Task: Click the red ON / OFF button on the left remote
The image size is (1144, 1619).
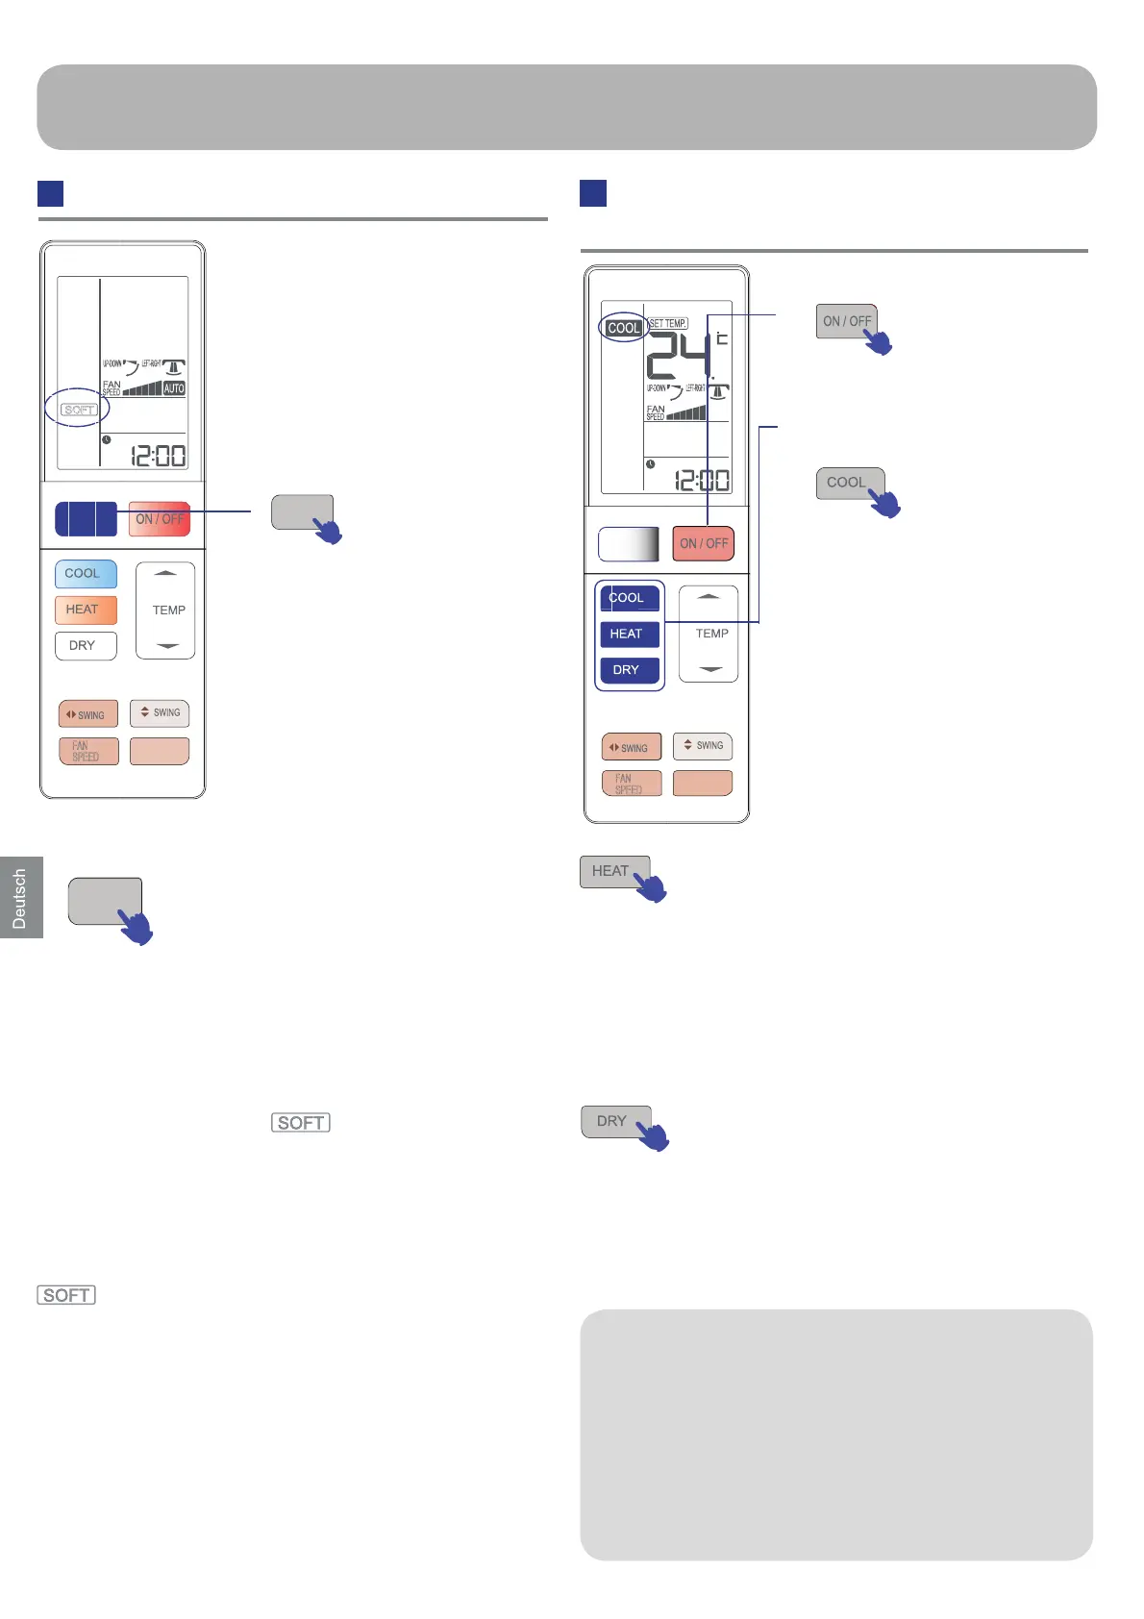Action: [x=160, y=519]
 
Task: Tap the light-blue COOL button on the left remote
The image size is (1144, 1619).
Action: [x=86, y=574]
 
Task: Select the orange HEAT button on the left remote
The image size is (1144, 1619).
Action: [x=86, y=610]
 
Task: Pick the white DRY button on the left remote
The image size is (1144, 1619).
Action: [x=86, y=646]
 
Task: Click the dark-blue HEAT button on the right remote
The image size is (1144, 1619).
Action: [x=630, y=635]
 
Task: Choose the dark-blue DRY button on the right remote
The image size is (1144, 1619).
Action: [x=630, y=670]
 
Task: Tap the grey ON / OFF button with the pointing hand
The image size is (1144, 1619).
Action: [x=847, y=322]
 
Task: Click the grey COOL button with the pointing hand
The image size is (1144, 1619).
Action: [x=848, y=483]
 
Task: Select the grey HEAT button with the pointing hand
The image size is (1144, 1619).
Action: [x=612, y=871]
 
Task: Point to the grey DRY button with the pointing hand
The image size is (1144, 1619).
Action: [x=613, y=1121]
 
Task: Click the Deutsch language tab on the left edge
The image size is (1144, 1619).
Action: [x=20, y=898]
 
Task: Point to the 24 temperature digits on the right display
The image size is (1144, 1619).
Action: [x=679, y=356]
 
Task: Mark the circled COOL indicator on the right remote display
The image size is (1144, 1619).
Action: [x=624, y=328]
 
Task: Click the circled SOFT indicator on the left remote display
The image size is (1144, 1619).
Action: [x=79, y=410]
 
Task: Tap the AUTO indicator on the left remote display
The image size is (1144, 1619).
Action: [x=174, y=388]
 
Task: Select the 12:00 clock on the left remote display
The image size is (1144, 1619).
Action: [x=159, y=456]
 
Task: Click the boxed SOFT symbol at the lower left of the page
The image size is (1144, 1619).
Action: [x=66, y=1295]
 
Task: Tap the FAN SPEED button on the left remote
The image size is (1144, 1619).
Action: [x=88, y=751]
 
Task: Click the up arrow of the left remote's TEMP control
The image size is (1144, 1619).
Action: [x=165, y=574]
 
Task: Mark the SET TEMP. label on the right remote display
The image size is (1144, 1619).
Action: [x=668, y=324]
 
